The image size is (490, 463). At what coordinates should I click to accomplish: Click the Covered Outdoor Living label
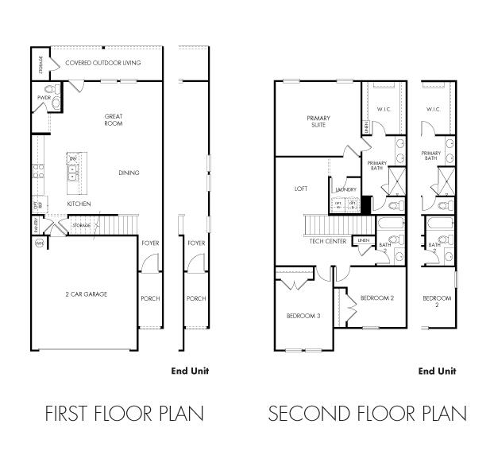click(x=102, y=62)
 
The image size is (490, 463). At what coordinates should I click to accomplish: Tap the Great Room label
click(x=114, y=120)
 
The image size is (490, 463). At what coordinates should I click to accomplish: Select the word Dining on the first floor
click(x=129, y=173)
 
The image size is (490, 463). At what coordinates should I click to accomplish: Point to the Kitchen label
click(x=79, y=204)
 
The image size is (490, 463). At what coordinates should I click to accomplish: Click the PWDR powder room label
click(x=44, y=98)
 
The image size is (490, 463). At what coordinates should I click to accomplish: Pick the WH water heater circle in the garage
click(x=38, y=243)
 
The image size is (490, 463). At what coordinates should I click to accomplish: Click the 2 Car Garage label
click(x=87, y=294)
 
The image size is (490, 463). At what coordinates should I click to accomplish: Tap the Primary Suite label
click(x=318, y=121)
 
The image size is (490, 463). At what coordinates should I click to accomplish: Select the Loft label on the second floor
click(x=300, y=189)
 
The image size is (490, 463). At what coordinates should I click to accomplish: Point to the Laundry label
click(x=345, y=189)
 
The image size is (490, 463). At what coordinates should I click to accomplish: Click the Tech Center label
click(x=327, y=241)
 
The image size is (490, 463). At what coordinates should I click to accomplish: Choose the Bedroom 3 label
click(x=303, y=316)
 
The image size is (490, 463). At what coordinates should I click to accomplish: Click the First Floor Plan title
click(x=124, y=414)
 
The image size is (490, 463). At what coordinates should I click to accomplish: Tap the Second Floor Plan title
click(x=367, y=414)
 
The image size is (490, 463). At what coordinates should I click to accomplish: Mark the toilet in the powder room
click(x=55, y=101)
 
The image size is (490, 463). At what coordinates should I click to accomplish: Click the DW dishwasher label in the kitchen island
click(x=72, y=159)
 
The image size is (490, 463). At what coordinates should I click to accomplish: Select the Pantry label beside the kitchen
click(x=37, y=226)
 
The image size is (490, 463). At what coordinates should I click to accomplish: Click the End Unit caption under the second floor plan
click(x=437, y=371)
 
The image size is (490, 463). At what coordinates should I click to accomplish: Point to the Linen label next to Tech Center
click(x=364, y=239)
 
